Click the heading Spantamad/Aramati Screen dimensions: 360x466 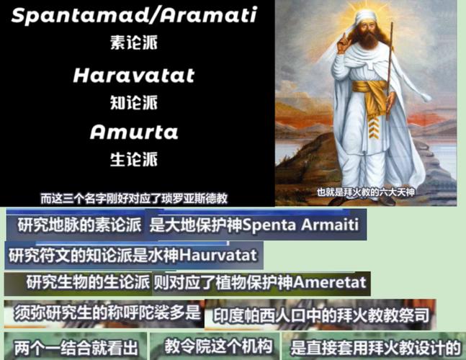point(134,17)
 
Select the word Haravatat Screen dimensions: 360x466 point(134,76)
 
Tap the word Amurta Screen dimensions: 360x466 point(134,132)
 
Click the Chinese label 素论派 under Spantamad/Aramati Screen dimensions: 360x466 point(134,43)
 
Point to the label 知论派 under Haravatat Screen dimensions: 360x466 point(134,103)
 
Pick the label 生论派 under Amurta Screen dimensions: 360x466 point(134,159)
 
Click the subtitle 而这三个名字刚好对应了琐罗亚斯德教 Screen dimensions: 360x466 point(144,197)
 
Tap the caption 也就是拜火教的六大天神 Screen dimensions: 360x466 point(366,192)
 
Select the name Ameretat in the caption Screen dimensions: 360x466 point(326,282)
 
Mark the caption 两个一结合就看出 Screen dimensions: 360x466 point(73,346)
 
